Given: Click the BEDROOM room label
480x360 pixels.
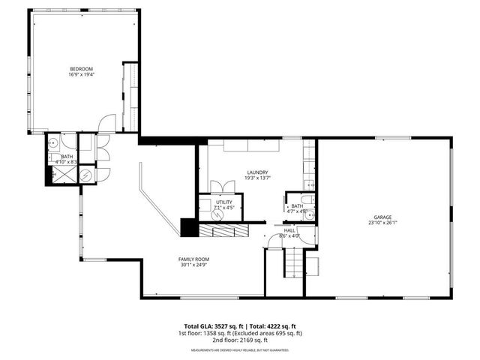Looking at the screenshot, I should (81, 69).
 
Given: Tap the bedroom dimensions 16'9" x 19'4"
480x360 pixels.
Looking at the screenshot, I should (81, 75).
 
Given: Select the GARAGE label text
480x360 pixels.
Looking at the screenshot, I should (382, 217).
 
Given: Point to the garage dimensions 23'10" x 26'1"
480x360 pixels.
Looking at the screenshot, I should (382, 223).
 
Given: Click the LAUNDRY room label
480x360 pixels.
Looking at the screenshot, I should (256, 172).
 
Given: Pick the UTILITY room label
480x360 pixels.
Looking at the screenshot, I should (224, 202).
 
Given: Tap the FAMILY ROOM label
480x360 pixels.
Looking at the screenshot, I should (193, 259).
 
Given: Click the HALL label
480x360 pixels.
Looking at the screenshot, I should (289, 230).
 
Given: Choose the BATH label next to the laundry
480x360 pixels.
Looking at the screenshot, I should (297, 205).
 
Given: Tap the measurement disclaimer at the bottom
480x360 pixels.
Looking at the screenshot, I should (239, 350).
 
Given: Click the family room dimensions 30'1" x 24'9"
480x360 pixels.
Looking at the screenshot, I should (193, 265).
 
